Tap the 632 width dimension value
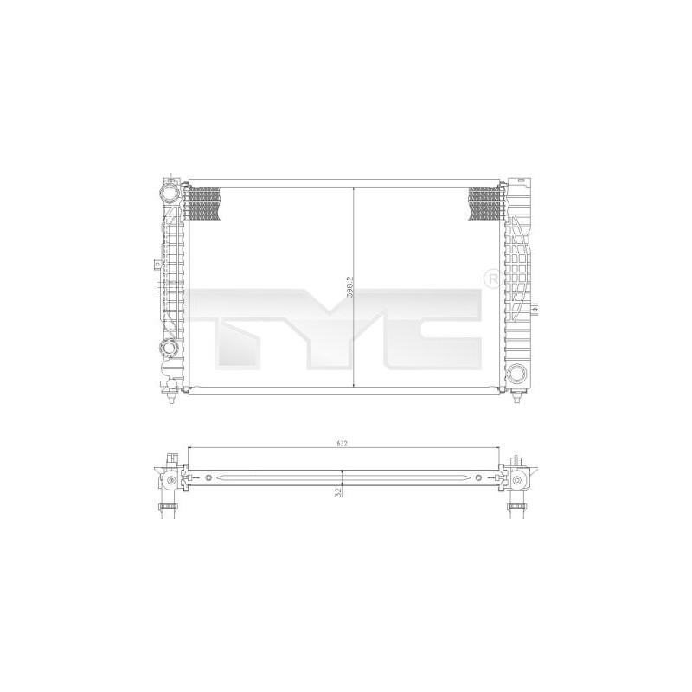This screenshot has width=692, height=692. tap(343, 444)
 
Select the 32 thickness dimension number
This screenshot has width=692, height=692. tap(339, 492)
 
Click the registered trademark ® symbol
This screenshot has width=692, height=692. tap(490, 281)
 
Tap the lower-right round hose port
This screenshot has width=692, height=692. tap(517, 374)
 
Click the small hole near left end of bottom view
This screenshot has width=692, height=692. tap(208, 478)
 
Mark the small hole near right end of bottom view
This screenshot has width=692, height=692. tap(477, 478)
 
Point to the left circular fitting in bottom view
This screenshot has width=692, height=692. tap(171, 480)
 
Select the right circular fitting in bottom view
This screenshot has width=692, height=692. tap(516, 480)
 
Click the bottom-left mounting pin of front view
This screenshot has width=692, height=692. tap(170, 399)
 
